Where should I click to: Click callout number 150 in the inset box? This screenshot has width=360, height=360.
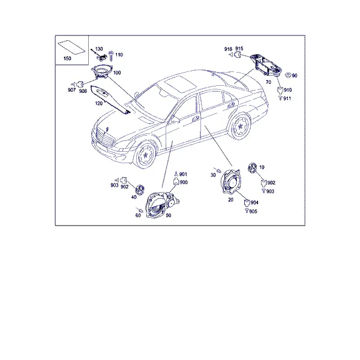pyautogui.click(x=67, y=59)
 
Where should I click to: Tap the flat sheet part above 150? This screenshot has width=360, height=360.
pyautogui.click(x=71, y=47)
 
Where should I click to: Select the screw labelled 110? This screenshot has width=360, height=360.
pyautogui.click(x=112, y=56)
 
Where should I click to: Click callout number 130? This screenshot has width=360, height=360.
pyautogui.click(x=99, y=49)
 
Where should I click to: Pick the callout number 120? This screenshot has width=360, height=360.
pyautogui.click(x=99, y=104)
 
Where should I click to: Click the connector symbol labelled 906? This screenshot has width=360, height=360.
pyautogui.click(x=80, y=84)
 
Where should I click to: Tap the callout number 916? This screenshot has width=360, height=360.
pyautogui.click(x=228, y=49)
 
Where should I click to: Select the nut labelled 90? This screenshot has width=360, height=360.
pyautogui.click(x=288, y=75)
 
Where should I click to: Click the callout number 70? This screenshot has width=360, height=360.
pyautogui.click(x=268, y=82)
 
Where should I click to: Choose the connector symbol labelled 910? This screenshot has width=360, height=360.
pyautogui.click(x=280, y=90)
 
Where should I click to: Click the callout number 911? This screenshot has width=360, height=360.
pyautogui.click(x=287, y=98)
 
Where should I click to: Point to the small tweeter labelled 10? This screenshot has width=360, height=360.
pyautogui.click(x=252, y=167)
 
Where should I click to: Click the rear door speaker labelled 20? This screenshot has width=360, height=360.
pyautogui.click(x=230, y=181)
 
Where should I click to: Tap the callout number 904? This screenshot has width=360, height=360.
pyautogui.click(x=254, y=203)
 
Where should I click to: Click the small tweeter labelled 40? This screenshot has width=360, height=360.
pyautogui.click(x=139, y=190)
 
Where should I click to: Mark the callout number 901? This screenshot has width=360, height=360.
pyautogui.click(x=183, y=175)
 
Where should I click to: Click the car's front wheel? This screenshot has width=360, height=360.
pyautogui.click(x=145, y=155)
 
